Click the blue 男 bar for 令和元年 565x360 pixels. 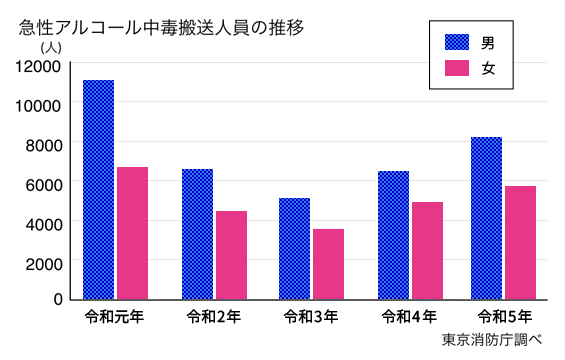tap(98, 190)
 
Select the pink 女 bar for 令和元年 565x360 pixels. tap(132, 233)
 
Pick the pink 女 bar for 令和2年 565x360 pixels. tap(231, 255)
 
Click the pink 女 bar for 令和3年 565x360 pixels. tap(328, 264)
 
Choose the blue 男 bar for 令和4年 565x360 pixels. tap(393, 235)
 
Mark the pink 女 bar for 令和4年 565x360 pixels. tap(427, 250)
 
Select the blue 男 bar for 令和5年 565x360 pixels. tap(486, 218)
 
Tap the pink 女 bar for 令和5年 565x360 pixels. tap(520, 242)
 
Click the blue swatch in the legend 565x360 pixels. tap(457, 42)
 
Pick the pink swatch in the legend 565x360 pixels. tap(457, 69)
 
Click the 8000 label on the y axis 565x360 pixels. tap(44, 143)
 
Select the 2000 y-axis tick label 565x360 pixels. tap(44, 261)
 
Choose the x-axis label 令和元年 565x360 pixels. tap(115, 317)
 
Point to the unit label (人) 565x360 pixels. tap(51, 46)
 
